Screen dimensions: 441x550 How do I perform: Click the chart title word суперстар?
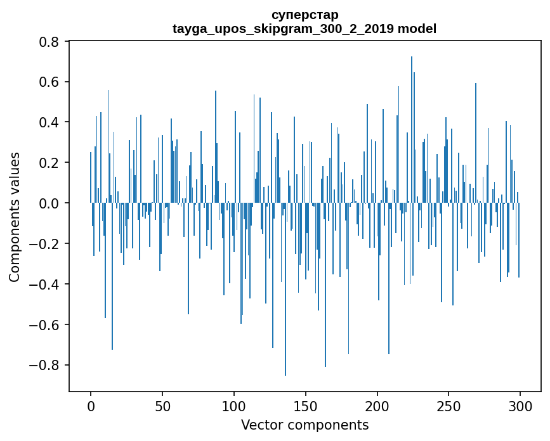point(304,15)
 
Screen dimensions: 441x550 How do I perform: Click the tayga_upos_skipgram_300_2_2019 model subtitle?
point(304,29)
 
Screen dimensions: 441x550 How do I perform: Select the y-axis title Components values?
point(15,217)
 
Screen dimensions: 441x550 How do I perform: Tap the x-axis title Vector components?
point(304,425)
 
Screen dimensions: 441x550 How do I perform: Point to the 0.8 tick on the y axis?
point(50,42)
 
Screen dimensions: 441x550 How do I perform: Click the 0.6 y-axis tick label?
point(50,82)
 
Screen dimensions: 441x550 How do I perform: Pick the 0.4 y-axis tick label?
point(50,122)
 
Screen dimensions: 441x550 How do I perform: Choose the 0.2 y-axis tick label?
point(50,163)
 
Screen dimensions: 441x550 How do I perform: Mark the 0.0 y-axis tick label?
point(50,203)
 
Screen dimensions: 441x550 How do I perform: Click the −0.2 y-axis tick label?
point(46,244)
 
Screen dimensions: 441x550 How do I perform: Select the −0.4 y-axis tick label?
point(46,284)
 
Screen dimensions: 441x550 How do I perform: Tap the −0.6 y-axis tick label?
point(46,325)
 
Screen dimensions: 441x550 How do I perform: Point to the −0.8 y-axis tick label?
point(46,366)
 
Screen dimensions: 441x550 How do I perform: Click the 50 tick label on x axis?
point(162,406)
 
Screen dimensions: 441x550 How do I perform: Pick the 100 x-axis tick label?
point(234,406)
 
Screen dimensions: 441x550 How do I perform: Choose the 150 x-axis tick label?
point(306,406)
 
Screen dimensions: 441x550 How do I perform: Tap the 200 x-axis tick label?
point(377,406)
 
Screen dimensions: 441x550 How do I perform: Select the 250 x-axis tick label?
point(449,406)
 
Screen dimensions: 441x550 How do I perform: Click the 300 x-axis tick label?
point(520,406)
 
